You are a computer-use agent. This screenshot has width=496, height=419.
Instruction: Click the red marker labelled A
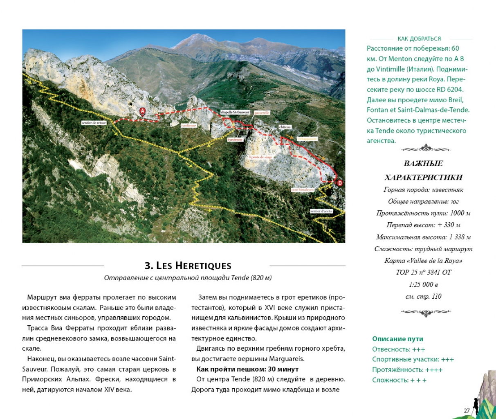[142, 111]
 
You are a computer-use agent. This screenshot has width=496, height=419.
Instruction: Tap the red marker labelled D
[339, 183]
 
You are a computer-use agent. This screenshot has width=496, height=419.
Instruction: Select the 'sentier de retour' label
[94, 123]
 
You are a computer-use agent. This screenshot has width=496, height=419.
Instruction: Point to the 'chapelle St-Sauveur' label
[235, 112]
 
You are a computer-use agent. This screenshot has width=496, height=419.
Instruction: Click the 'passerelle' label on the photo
[262, 113]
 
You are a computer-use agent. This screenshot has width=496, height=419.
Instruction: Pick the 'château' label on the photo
[285, 127]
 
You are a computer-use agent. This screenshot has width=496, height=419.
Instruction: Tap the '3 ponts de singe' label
[260, 157]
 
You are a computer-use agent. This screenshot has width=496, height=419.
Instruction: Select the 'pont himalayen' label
[303, 190]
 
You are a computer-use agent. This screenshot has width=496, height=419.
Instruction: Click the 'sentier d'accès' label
[321, 211]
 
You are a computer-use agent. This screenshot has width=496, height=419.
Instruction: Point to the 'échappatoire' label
[307, 139]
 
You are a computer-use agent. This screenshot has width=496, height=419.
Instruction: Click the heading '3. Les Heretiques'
[188, 266]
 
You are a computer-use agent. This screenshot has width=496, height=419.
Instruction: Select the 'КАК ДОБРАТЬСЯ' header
[419, 39]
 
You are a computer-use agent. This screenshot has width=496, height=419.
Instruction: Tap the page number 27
[467, 410]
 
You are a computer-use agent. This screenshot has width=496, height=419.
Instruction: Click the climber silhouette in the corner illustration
[475, 405]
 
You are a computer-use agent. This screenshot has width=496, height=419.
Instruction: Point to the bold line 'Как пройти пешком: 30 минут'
[247, 369]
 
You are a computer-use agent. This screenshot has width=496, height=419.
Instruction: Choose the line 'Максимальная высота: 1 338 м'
[423, 237]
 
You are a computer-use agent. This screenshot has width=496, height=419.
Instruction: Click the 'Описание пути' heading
[397, 339]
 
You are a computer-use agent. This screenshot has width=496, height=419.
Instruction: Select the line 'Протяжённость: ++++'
[407, 369]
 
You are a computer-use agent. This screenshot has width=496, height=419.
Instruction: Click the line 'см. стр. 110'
[423, 296]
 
